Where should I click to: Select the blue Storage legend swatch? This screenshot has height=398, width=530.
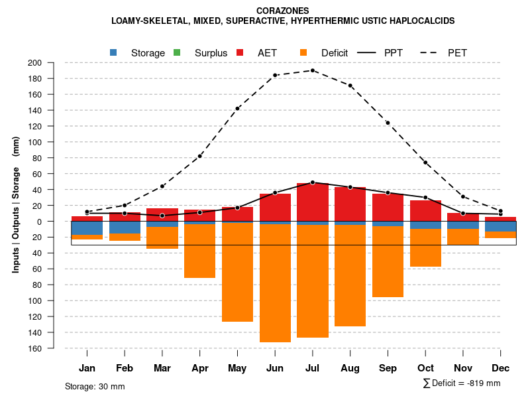[x=113, y=52]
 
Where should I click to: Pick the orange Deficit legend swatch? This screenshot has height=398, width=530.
[x=303, y=52]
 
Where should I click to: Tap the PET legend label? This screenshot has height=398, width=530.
[x=457, y=52]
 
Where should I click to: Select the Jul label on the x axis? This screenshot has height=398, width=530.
[x=313, y=368]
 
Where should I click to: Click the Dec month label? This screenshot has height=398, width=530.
[x=500, y=368]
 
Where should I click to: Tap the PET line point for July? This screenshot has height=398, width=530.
[x=313, y=70]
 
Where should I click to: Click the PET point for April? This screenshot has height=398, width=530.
[x=200, y=156]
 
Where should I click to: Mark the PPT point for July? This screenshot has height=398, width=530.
[x=313, y=182]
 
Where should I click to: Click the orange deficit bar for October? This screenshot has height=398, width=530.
[x=425, y=247]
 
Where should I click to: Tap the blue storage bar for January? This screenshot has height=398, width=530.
[x=87, y=228]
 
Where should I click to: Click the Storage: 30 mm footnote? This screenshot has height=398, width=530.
[x=95, y=386]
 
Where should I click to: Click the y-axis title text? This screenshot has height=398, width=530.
[x=15, y=205]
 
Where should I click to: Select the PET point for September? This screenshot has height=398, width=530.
[x=388, y=123]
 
